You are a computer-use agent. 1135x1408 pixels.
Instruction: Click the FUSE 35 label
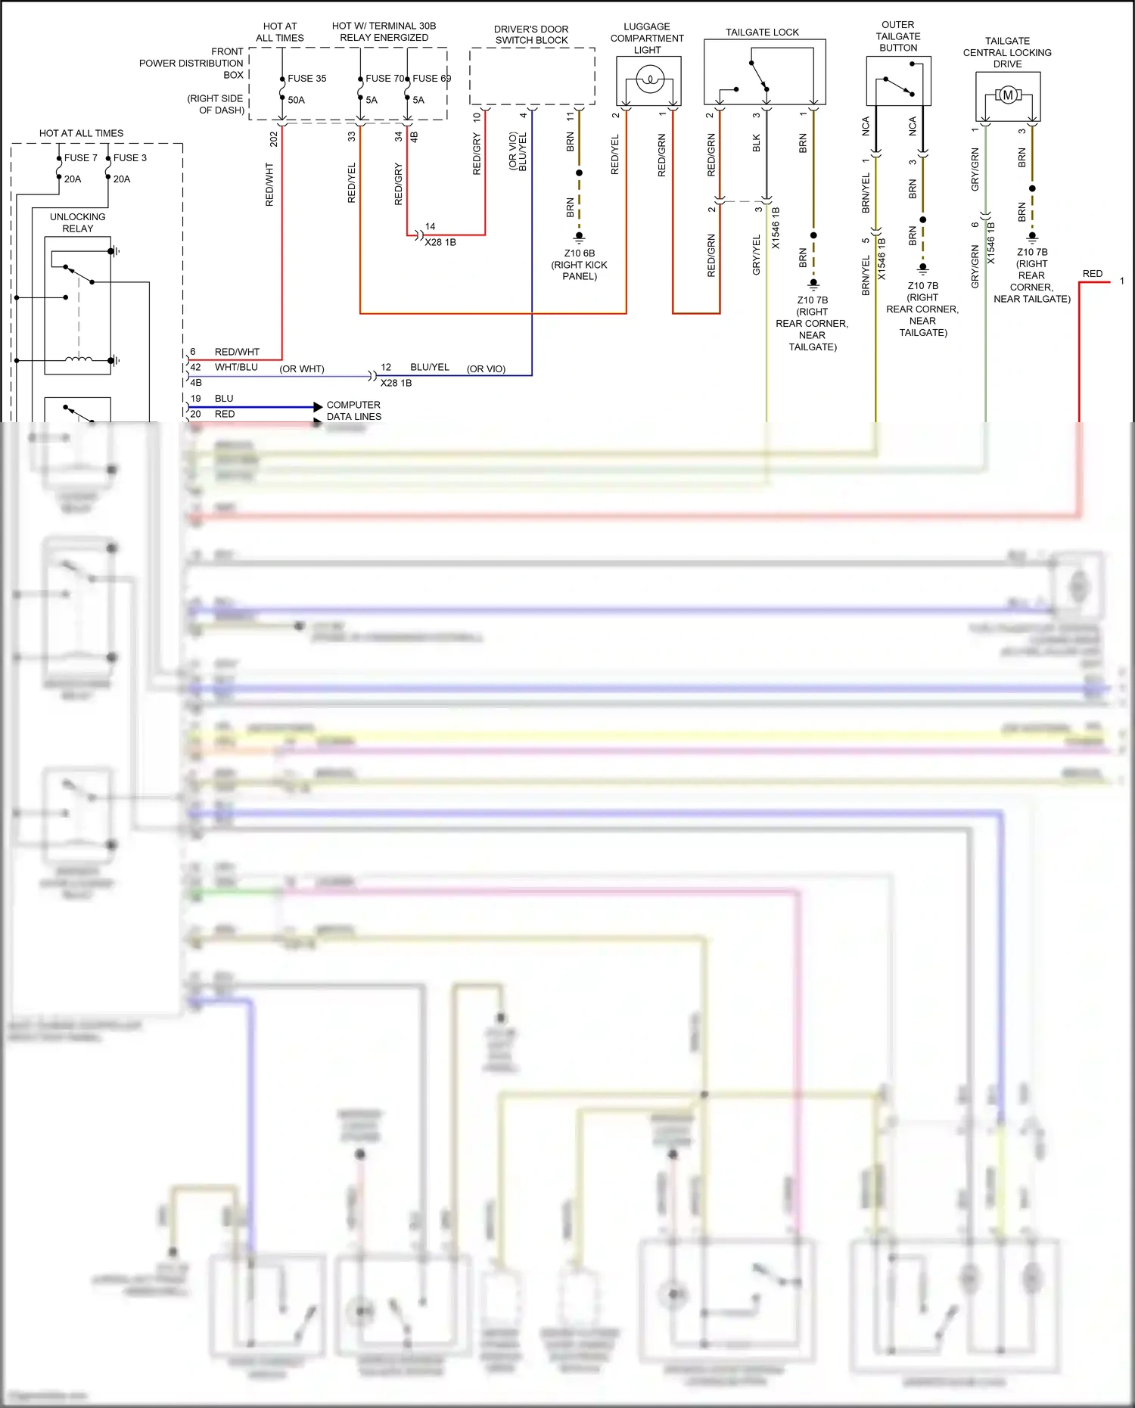click(x=306, y=79)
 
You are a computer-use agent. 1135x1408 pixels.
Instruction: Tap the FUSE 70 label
click(x=384, y=79)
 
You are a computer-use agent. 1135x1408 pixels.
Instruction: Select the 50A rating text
click(x=296, y=100)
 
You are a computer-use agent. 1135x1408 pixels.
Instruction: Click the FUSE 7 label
click(x=80, y=158)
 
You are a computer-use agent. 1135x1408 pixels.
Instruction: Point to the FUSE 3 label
click(x=129, y=158)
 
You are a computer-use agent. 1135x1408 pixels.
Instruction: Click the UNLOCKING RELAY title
click(x=77, y=222)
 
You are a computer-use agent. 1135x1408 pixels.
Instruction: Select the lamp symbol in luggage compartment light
click(x=649, y=79)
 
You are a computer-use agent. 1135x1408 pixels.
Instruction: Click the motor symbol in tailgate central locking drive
click(x=1007, y=95)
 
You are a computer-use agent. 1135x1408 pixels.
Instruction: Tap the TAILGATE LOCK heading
click(x=762, y=33)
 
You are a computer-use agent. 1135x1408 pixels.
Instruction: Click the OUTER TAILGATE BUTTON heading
click(x=898, y=36)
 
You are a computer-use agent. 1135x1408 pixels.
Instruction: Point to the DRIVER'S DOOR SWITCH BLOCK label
click(x=531, y=35)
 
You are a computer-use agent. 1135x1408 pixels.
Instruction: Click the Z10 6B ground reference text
click(x=579, y=253)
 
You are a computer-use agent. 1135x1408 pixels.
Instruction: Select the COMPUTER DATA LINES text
click(x=353, y=411)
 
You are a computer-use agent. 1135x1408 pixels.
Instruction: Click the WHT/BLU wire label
click(x=236, y=367)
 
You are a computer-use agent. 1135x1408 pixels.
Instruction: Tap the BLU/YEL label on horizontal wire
click(x=429, y=367)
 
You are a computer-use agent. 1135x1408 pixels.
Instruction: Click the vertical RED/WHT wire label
click(x=269, y=184)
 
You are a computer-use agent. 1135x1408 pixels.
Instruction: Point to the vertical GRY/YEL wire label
click(x=756, y=255)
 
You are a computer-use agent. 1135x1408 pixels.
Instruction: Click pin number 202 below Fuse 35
click(x=274, y=138)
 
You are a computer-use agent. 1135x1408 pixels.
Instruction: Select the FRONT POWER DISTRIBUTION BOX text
click(x=191, y=64)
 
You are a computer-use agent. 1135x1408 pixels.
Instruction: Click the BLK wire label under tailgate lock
click(x=756, y=144)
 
